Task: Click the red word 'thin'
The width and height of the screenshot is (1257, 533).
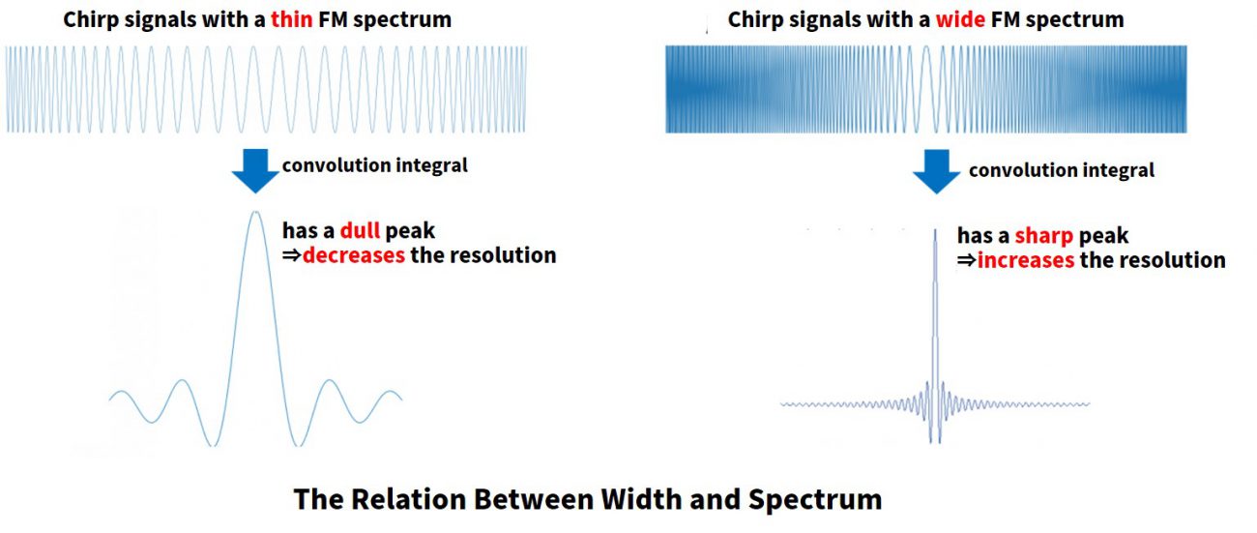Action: point(291,19)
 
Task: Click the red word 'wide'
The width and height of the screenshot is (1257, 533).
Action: point(959,19)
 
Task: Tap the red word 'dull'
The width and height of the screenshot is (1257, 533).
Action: point(360,230)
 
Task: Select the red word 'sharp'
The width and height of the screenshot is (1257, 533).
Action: point(1043,235)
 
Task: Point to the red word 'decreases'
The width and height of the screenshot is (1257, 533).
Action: point(354,255)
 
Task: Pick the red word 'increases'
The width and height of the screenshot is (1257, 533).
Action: point(1026,260)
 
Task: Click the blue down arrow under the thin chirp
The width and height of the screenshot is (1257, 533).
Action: point(255,171)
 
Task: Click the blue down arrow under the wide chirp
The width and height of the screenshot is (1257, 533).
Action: point(936,171)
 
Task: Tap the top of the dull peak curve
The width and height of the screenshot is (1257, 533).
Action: point(255,212)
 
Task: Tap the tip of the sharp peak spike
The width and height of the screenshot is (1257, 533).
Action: point(935,229)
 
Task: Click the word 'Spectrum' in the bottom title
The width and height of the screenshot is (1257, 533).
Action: point(815,499)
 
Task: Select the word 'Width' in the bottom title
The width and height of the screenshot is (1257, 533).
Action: point(641,499)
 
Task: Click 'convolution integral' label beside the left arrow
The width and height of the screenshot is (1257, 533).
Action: point(374,165)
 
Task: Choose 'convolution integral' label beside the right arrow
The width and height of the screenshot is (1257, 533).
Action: point(1061,170)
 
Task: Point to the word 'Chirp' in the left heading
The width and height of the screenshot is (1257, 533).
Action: point(90,19)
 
